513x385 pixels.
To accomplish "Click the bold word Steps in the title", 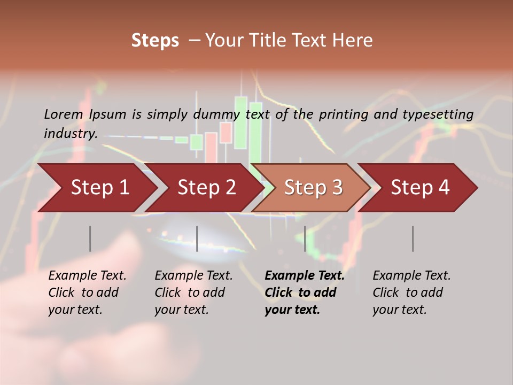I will (155, 41).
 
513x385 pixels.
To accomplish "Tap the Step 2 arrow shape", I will (206, 188).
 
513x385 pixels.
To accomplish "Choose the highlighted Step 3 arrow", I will (313, 188).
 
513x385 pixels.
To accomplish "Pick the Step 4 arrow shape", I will (420, 188).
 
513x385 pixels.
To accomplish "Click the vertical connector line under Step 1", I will (90, 238).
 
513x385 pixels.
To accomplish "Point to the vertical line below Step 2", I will (197, 238).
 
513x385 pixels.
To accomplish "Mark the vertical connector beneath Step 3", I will (305, 238).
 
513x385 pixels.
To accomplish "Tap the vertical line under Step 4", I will (413, 238).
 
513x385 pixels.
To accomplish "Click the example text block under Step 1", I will (87, 292).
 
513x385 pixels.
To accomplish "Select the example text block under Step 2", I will (193, 292).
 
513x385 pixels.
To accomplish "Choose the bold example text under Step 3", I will (305, 292).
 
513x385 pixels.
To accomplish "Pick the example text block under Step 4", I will (411, 292).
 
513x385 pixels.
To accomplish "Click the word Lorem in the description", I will (64, 114).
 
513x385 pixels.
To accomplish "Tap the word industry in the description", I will (70, 133).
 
